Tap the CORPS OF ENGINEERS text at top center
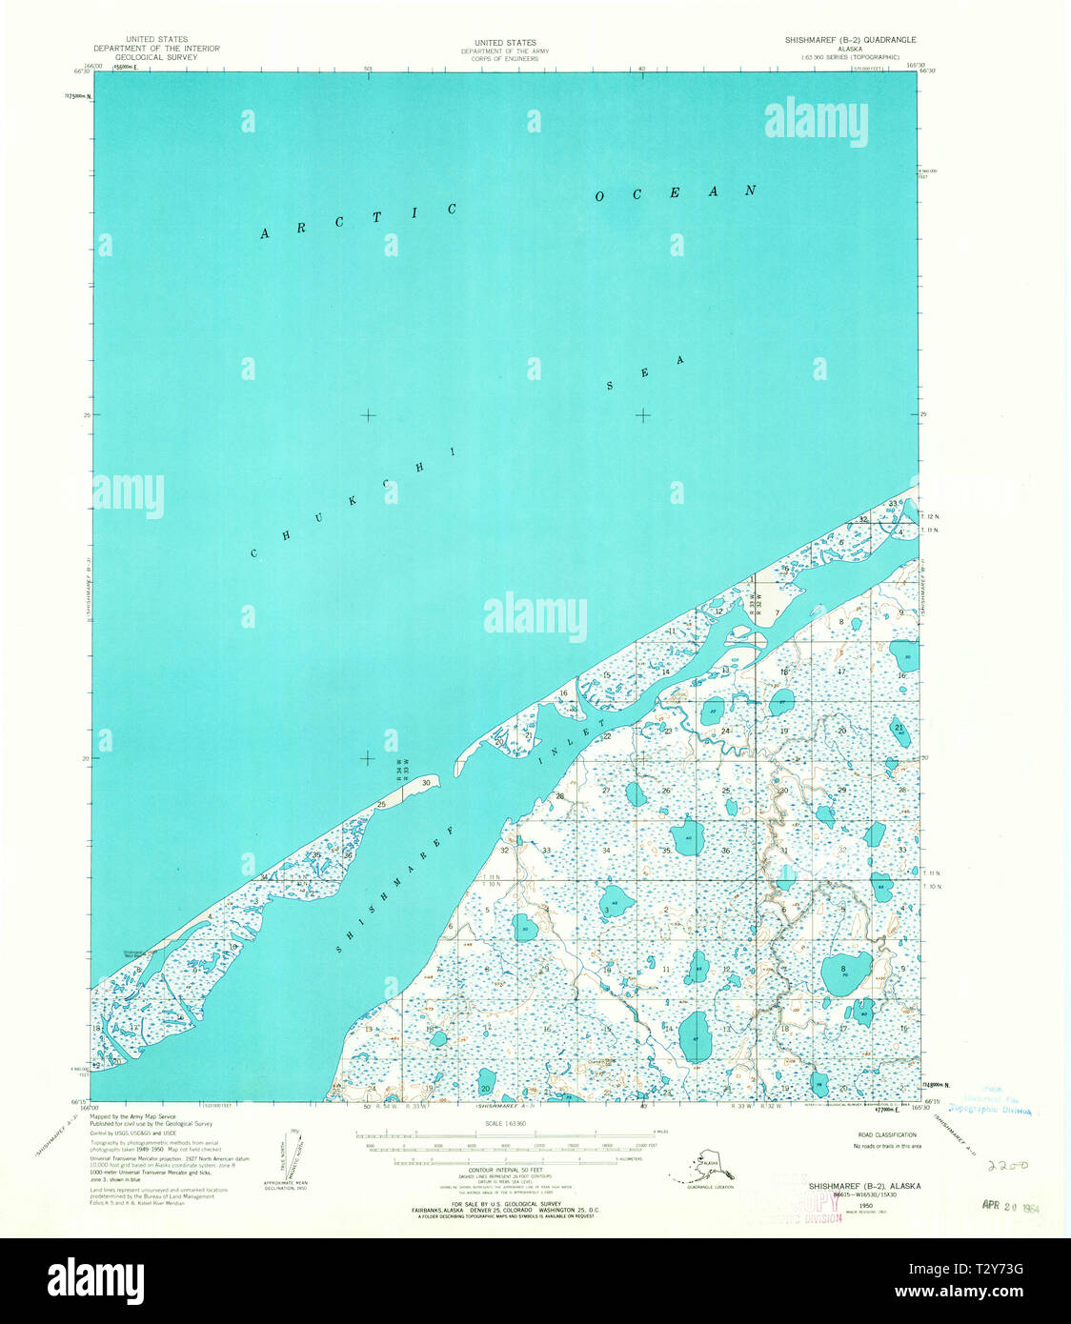[x=499, y=58]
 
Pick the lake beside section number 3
[x=616, y=900]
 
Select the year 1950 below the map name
[x=865, y=1204]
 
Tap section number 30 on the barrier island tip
[x=428, y=783]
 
